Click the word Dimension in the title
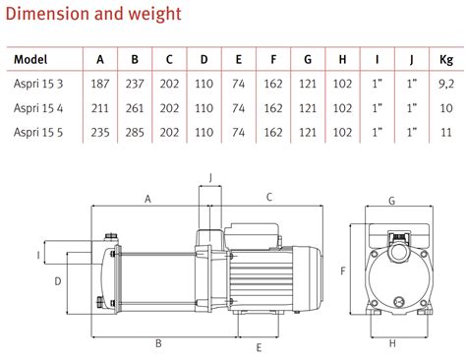48,14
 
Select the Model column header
30,59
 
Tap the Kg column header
446,60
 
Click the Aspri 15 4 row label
38,108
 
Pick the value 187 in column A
100,84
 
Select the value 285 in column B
135,132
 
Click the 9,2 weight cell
446,84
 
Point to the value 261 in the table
135,108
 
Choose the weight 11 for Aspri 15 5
446,133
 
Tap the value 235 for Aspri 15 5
100,132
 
